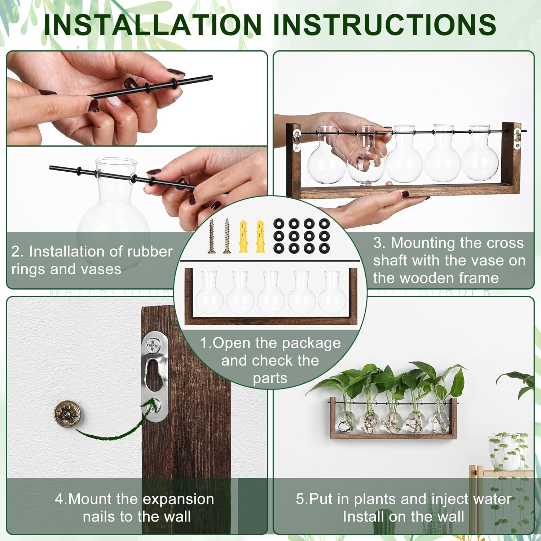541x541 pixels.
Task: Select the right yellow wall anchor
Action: pos(260,236)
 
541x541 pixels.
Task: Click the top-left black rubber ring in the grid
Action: pos(278,224)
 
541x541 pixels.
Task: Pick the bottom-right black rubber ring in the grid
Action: pos(324,248)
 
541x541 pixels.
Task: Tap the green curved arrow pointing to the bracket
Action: pos(112,431)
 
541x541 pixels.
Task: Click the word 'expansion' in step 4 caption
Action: pos(179,499)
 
